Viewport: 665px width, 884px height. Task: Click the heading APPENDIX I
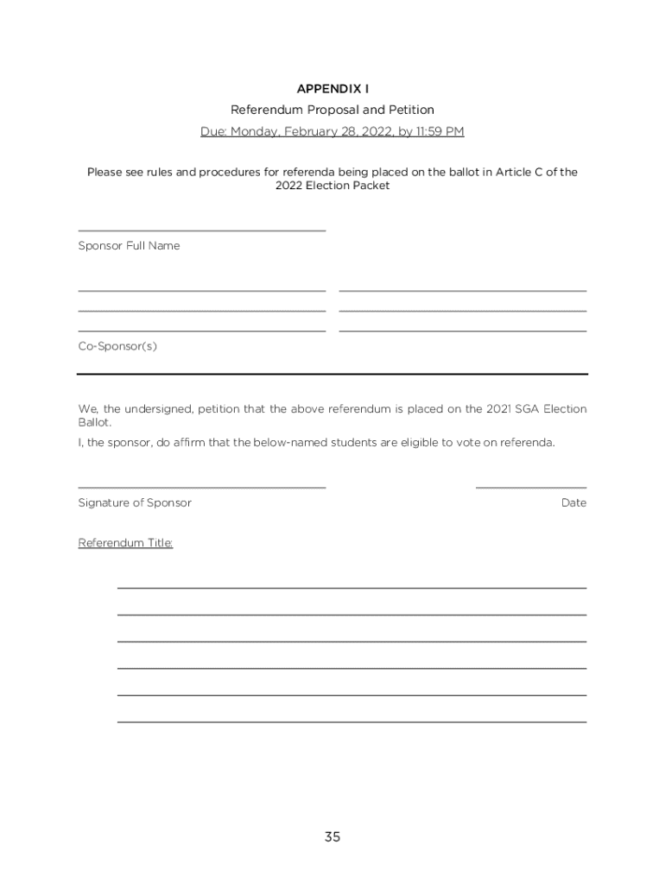[x=332, y=89]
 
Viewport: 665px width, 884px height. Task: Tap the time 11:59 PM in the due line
[x=441, y=132]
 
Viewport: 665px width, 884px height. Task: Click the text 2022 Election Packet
[x=332, y=186]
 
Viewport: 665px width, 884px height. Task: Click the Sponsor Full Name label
[x=129, y=246]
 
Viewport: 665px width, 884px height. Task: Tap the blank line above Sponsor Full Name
[x=201, y=230]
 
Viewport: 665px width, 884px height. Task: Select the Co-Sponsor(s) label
[x=117, y=347]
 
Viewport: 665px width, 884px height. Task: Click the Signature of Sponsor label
[x=135, y=502]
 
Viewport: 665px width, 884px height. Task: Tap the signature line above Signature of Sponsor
[x=201, y=488]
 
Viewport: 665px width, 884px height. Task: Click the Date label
[x=573, y=502]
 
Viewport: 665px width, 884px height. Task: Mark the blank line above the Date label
[x=530, y=488]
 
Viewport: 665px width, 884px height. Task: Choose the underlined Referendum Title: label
[x=125, y=543]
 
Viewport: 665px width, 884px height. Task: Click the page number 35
[x=332, y=837]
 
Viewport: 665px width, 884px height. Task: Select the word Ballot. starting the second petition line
[x=94, y=424]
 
